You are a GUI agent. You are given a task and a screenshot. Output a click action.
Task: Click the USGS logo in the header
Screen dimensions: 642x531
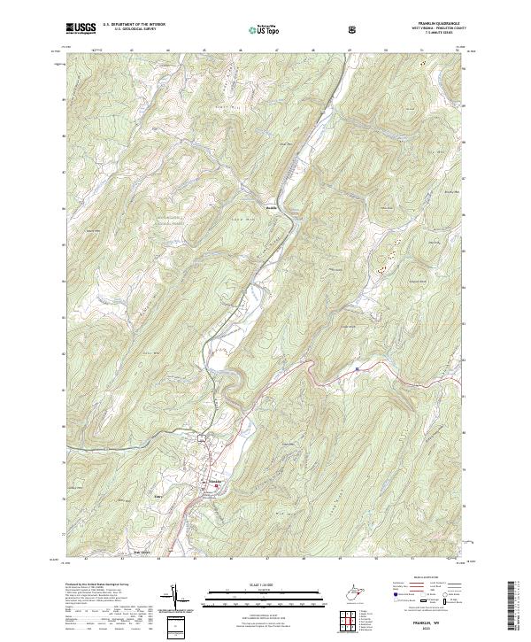pyautogui.click(x=81, y=28)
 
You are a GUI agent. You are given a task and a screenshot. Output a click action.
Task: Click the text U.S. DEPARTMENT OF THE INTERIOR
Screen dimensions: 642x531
pyautogui.click(x=133, y=26)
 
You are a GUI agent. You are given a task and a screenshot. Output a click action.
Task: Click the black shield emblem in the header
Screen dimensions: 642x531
pyautogui.click(x=354, y=29)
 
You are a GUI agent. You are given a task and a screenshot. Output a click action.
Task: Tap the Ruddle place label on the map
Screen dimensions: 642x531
pyautogui.click(x=273, y=209)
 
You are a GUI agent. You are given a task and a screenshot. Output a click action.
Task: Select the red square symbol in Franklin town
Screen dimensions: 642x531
pyautogui.click(x=216, y=484)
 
